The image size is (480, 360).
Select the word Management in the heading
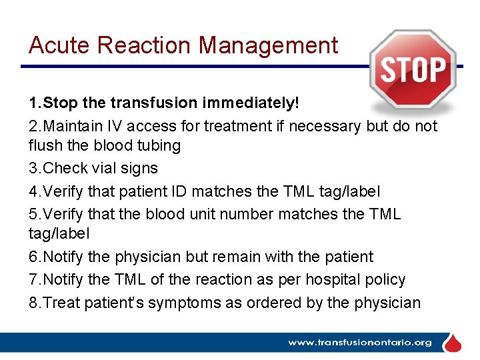click(x=269, y=45)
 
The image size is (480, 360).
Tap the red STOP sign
click(x=413, y=69)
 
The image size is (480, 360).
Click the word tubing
click(x=157, y=145)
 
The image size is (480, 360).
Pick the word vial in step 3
click(x=108, y=169)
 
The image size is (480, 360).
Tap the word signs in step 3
click(x=140, y=169)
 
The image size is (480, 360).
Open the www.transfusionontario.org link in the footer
click(x=359, y=343)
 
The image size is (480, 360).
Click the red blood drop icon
click(x=453, y=342)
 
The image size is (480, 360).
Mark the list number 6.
click(x=34, y=257)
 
